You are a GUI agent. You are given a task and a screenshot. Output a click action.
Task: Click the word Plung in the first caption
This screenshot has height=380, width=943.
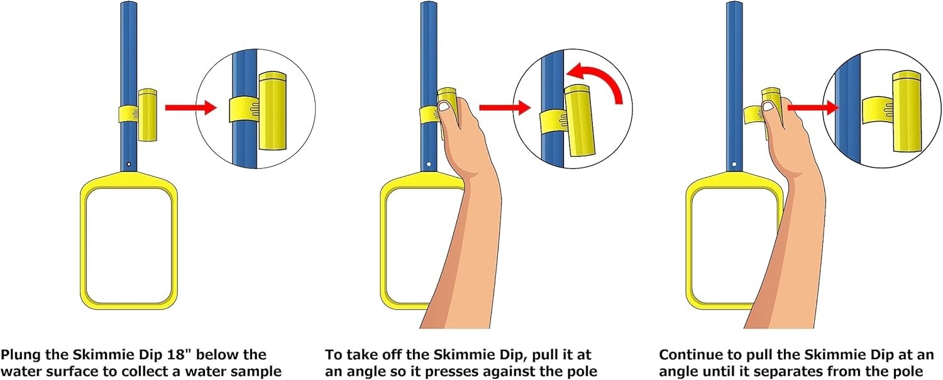(x=19, y=355)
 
